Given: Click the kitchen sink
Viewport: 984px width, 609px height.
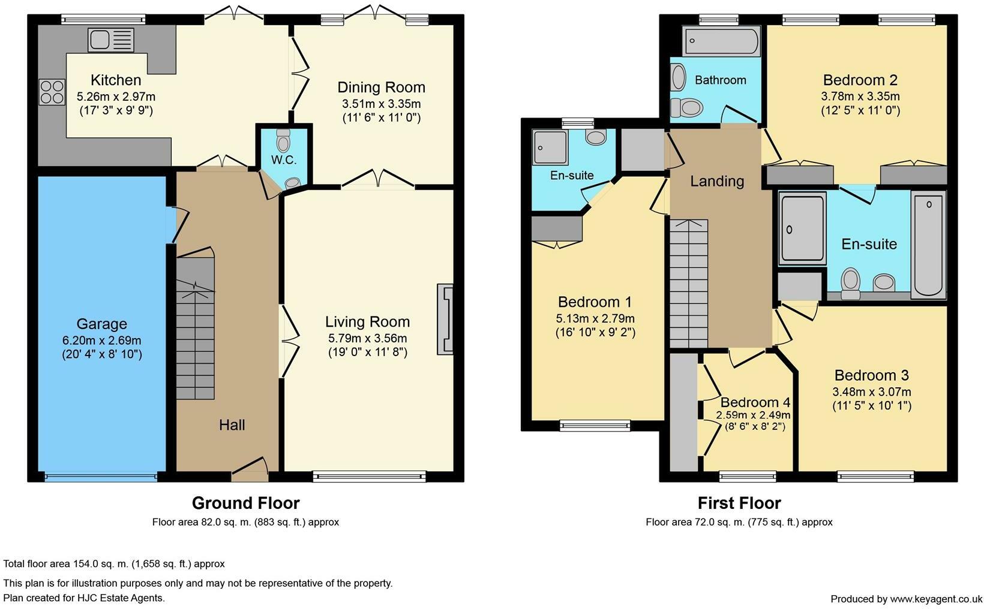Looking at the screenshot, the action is (111, 40).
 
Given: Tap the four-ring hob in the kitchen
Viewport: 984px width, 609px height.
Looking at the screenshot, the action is (52, 92).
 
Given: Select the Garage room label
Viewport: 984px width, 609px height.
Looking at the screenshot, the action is (102, 324).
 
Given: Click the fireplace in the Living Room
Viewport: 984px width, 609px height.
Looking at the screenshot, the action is (445, 319).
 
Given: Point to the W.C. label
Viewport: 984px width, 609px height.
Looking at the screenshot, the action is (284, 160).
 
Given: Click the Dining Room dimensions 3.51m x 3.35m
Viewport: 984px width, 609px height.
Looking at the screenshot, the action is (382, 104).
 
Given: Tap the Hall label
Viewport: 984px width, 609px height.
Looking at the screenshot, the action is (232, 425).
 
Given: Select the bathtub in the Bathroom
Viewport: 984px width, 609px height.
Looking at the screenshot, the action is (721, 41).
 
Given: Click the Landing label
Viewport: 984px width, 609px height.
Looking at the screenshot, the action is (717, 181).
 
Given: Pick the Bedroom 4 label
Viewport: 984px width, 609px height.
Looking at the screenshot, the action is (755, 402).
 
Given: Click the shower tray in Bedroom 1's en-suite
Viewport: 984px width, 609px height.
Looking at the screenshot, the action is (550, 147).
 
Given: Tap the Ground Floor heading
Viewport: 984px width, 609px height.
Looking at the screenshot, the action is (245, 503).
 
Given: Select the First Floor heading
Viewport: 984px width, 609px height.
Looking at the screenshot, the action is (739, 503).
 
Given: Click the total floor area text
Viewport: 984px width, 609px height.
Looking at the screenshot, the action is (114, 564).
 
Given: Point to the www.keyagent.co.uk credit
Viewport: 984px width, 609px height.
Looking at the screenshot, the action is (936, 599).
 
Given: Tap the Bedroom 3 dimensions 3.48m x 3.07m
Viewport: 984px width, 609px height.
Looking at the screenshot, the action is (872, 392).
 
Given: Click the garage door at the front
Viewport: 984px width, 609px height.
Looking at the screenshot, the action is (101, 477).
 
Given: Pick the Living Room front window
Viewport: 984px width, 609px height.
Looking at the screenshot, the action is (370, 477).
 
